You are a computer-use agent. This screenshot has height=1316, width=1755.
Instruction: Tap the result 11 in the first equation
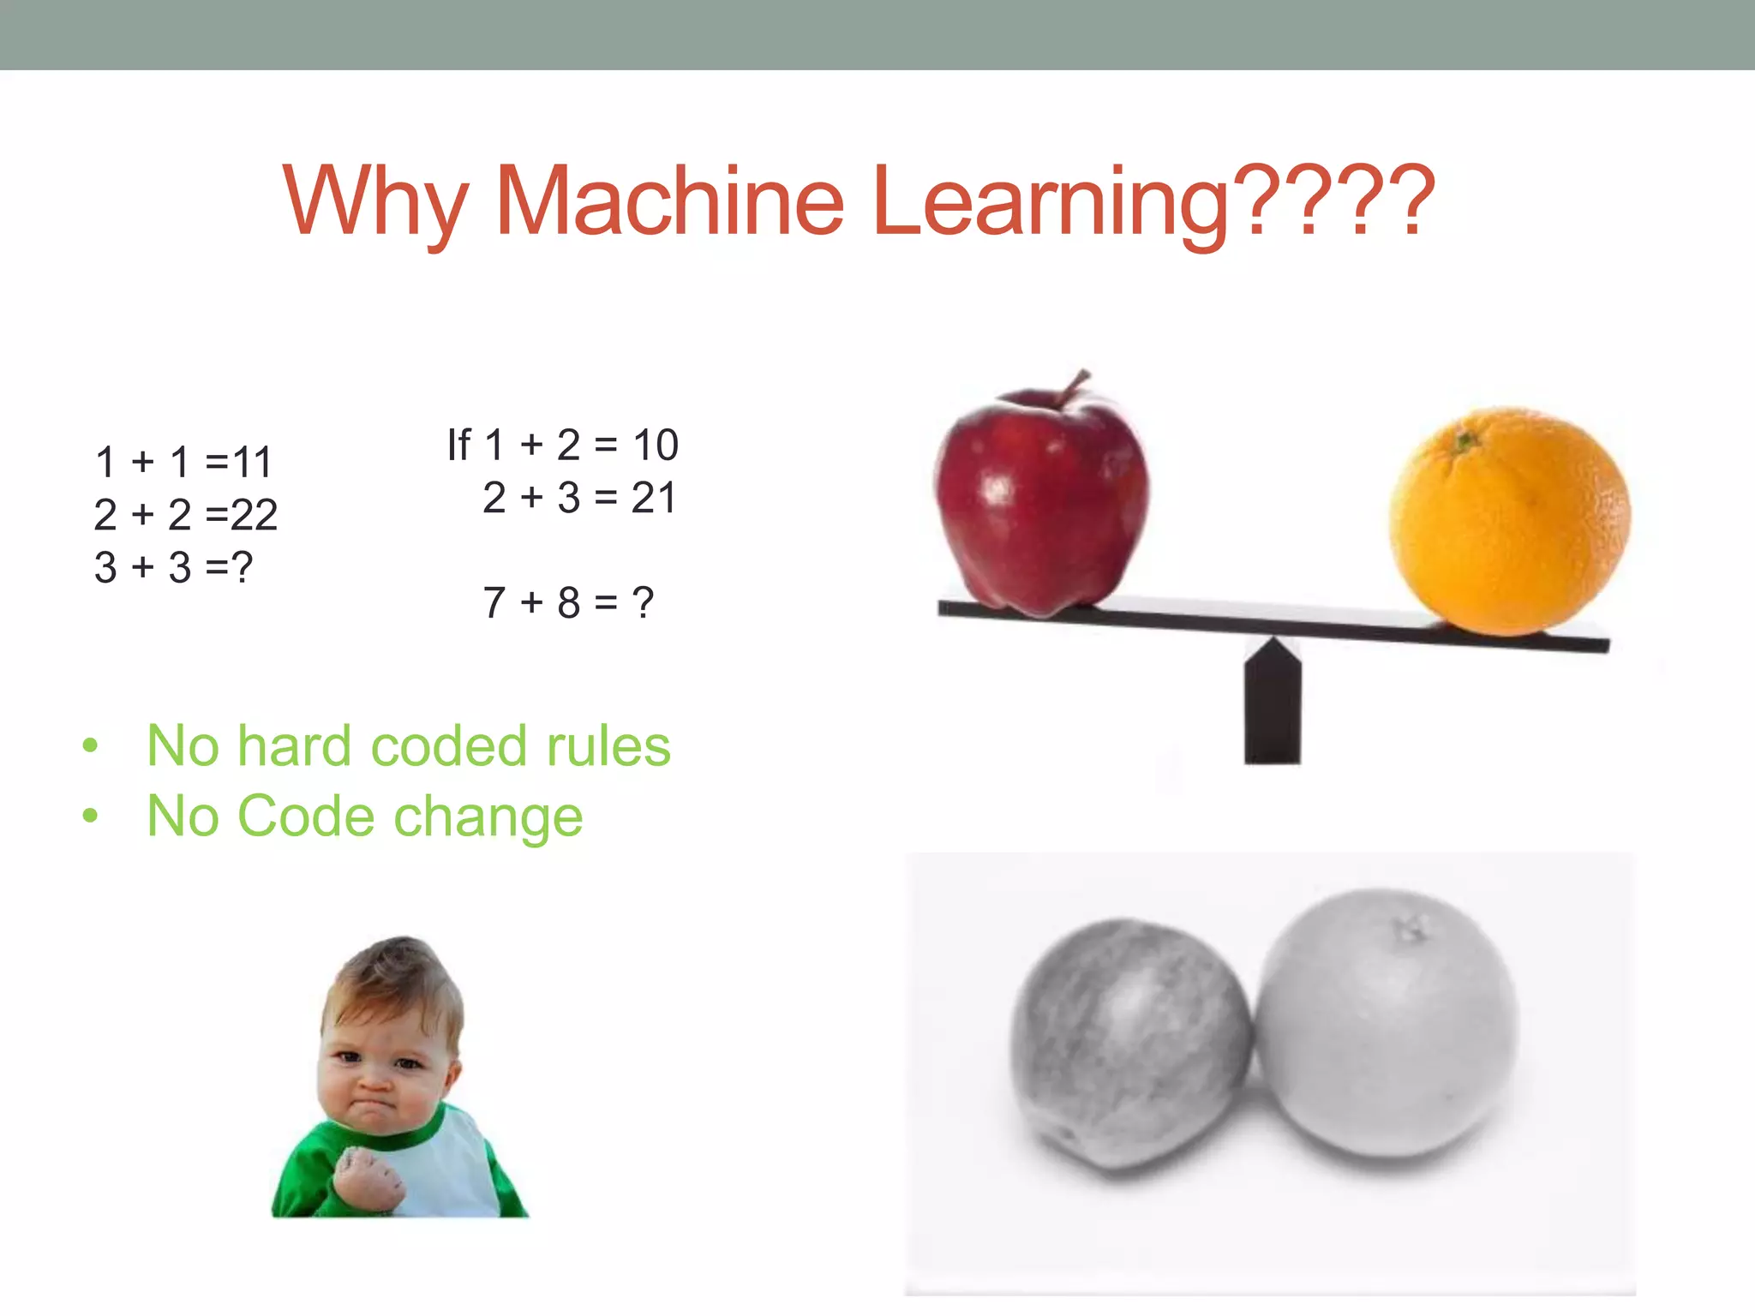point(252,463)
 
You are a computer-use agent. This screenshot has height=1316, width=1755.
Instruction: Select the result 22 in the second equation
point(255,515)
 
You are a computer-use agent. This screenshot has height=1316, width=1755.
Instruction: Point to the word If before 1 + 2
point(458,445)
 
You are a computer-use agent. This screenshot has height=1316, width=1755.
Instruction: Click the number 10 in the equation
point(656,445)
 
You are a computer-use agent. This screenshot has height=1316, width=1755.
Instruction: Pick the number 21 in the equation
point(654,498)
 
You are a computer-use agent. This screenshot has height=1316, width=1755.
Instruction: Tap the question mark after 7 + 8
point(643,602)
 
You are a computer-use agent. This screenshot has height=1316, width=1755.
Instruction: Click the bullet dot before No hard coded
point(90,746)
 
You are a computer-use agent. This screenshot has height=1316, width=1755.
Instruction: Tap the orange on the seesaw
point(1509,523)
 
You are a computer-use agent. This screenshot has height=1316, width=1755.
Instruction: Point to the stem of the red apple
point(1073,387)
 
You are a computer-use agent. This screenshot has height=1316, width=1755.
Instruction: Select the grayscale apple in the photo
point(1129,1045)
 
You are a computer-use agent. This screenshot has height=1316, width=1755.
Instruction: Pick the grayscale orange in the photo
point(1387,1024)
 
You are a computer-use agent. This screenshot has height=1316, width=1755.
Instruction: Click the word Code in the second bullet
point(305,816)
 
